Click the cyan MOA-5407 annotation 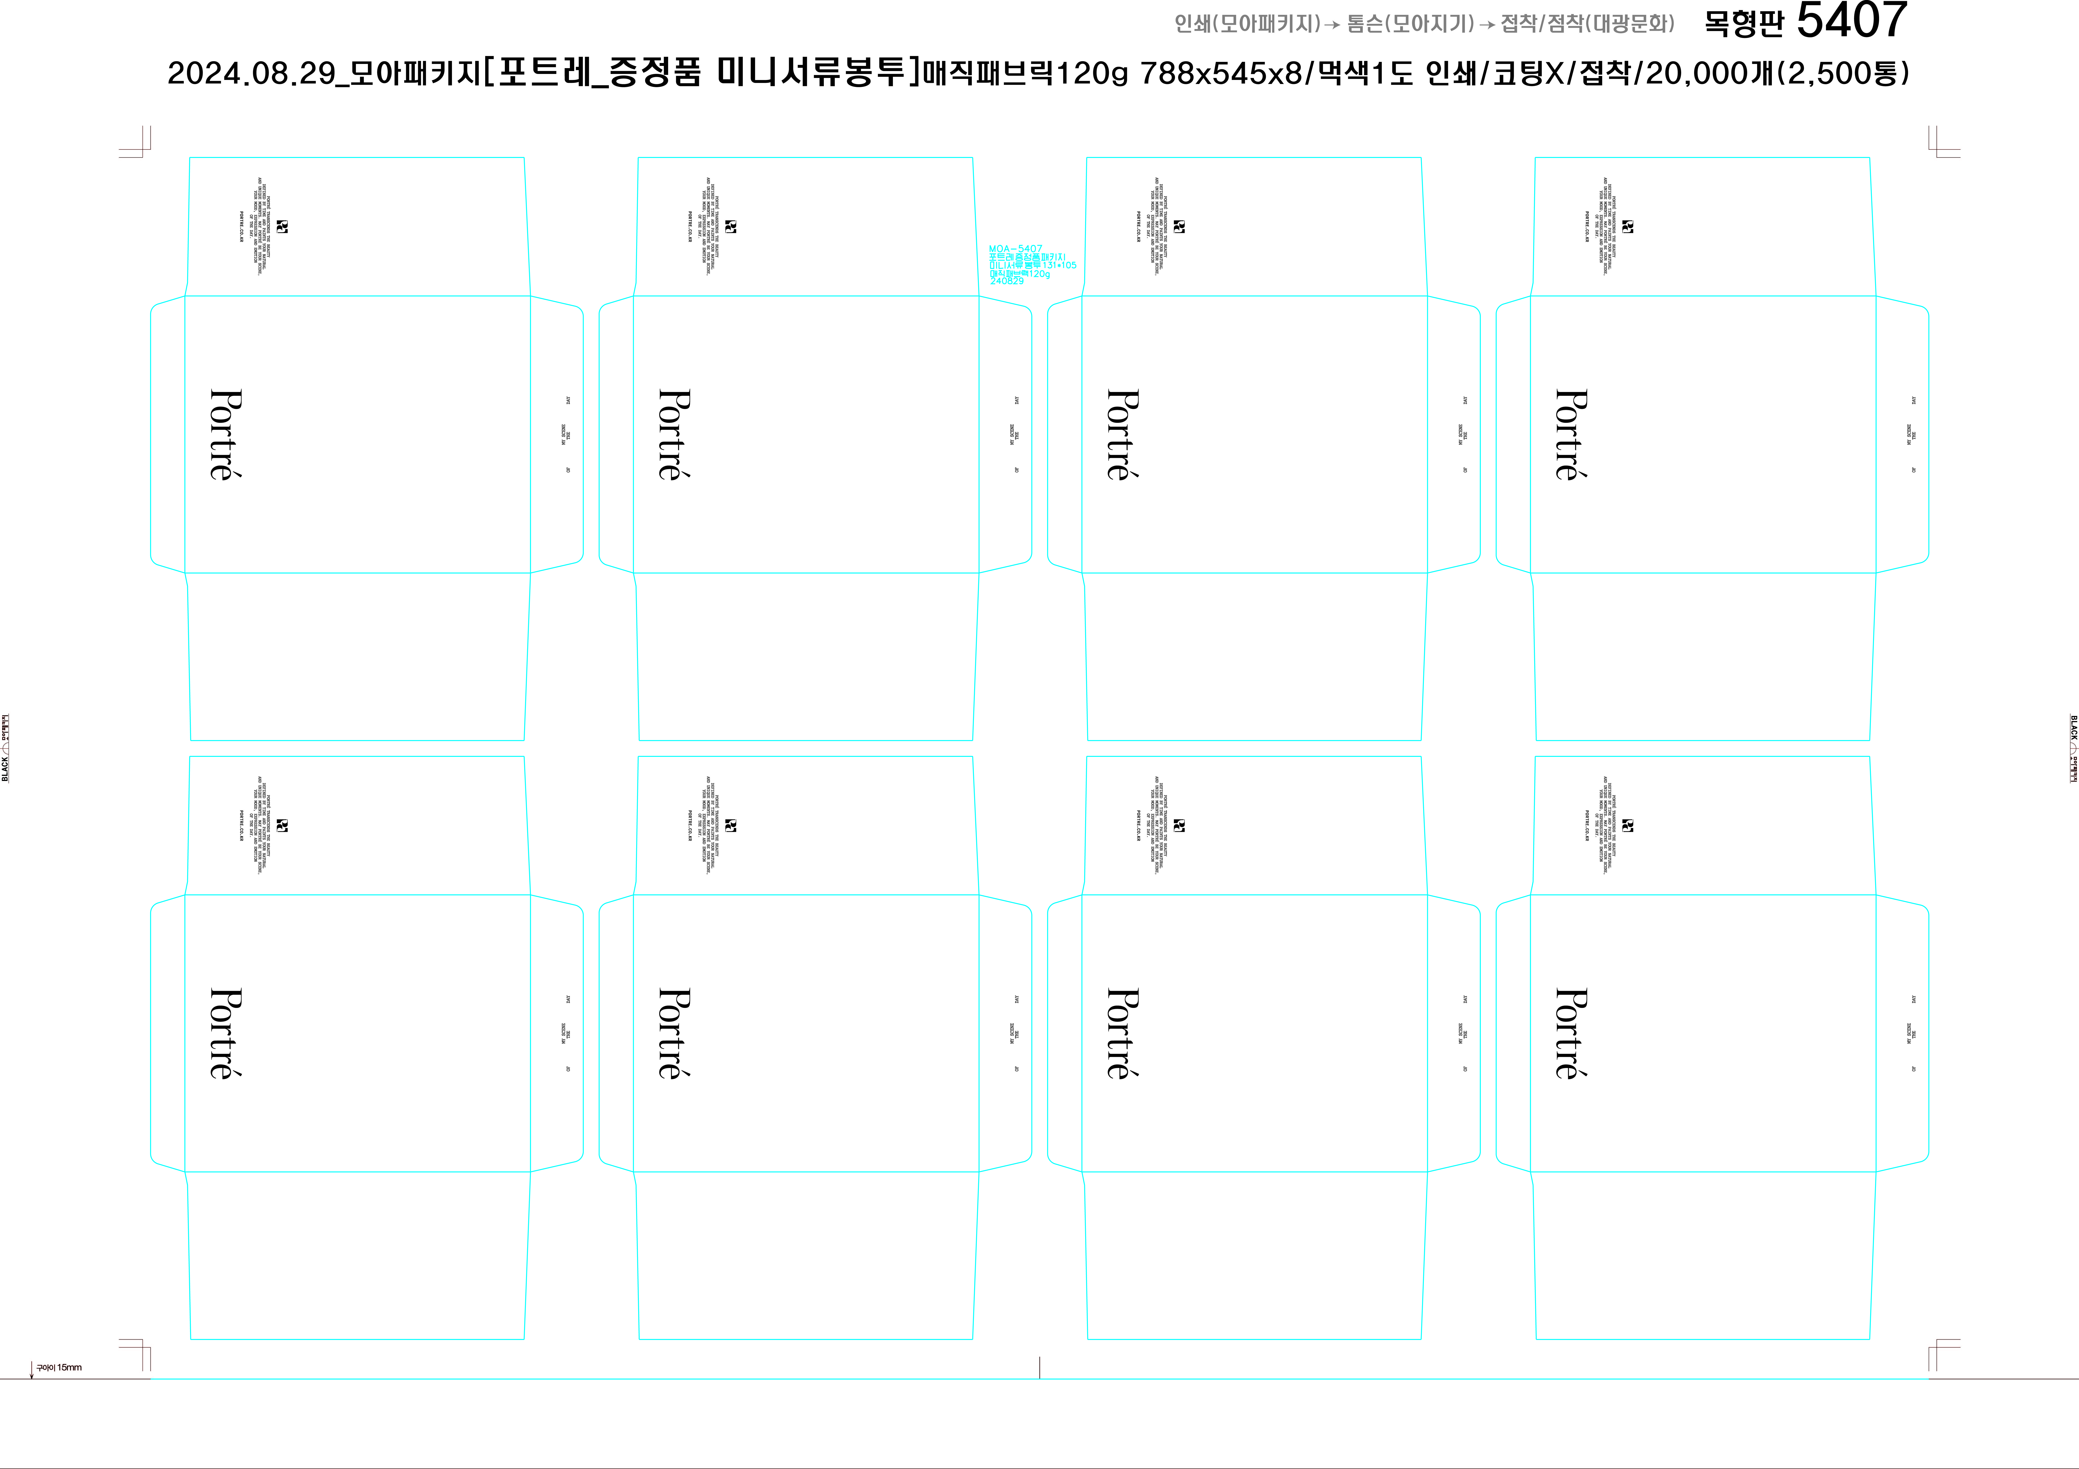tap(1015, 248)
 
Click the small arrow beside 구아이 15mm tap(32, 1370)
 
